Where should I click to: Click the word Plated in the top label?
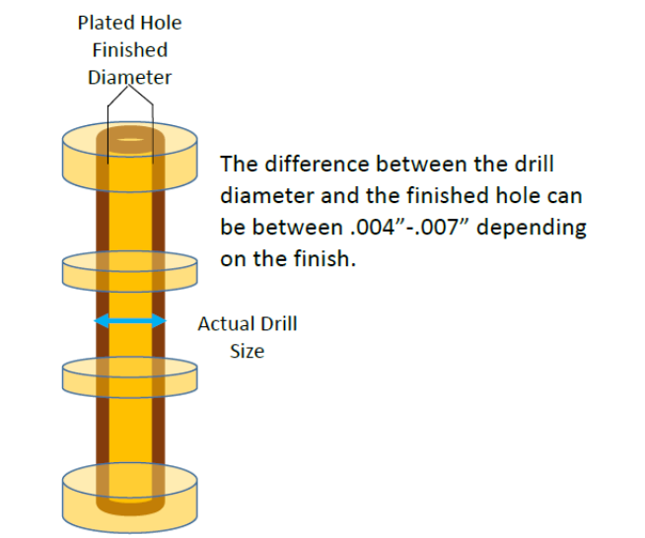click(103, 22)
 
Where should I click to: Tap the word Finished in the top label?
click(130, 49)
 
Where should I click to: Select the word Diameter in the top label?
click(130, 77)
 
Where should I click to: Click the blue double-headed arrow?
click(130, 320)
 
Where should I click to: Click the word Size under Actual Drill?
click(247, 351)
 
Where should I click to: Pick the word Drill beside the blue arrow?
click(277, 323)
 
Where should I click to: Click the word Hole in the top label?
click(160, 22)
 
